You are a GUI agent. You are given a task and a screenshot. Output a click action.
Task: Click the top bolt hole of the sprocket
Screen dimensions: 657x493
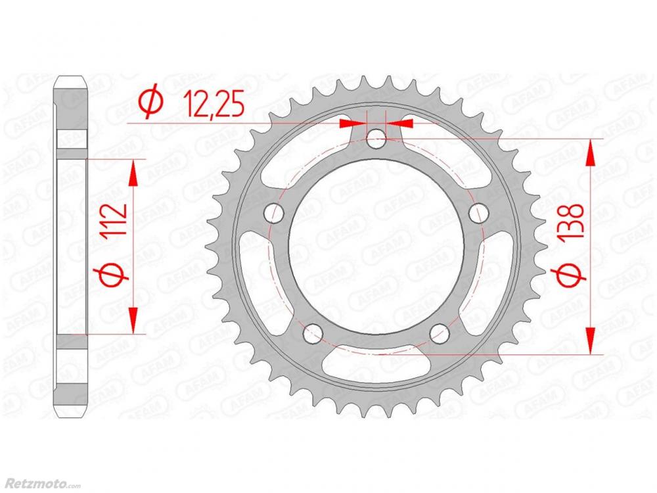376,139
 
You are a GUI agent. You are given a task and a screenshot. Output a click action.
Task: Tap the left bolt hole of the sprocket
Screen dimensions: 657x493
274,212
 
